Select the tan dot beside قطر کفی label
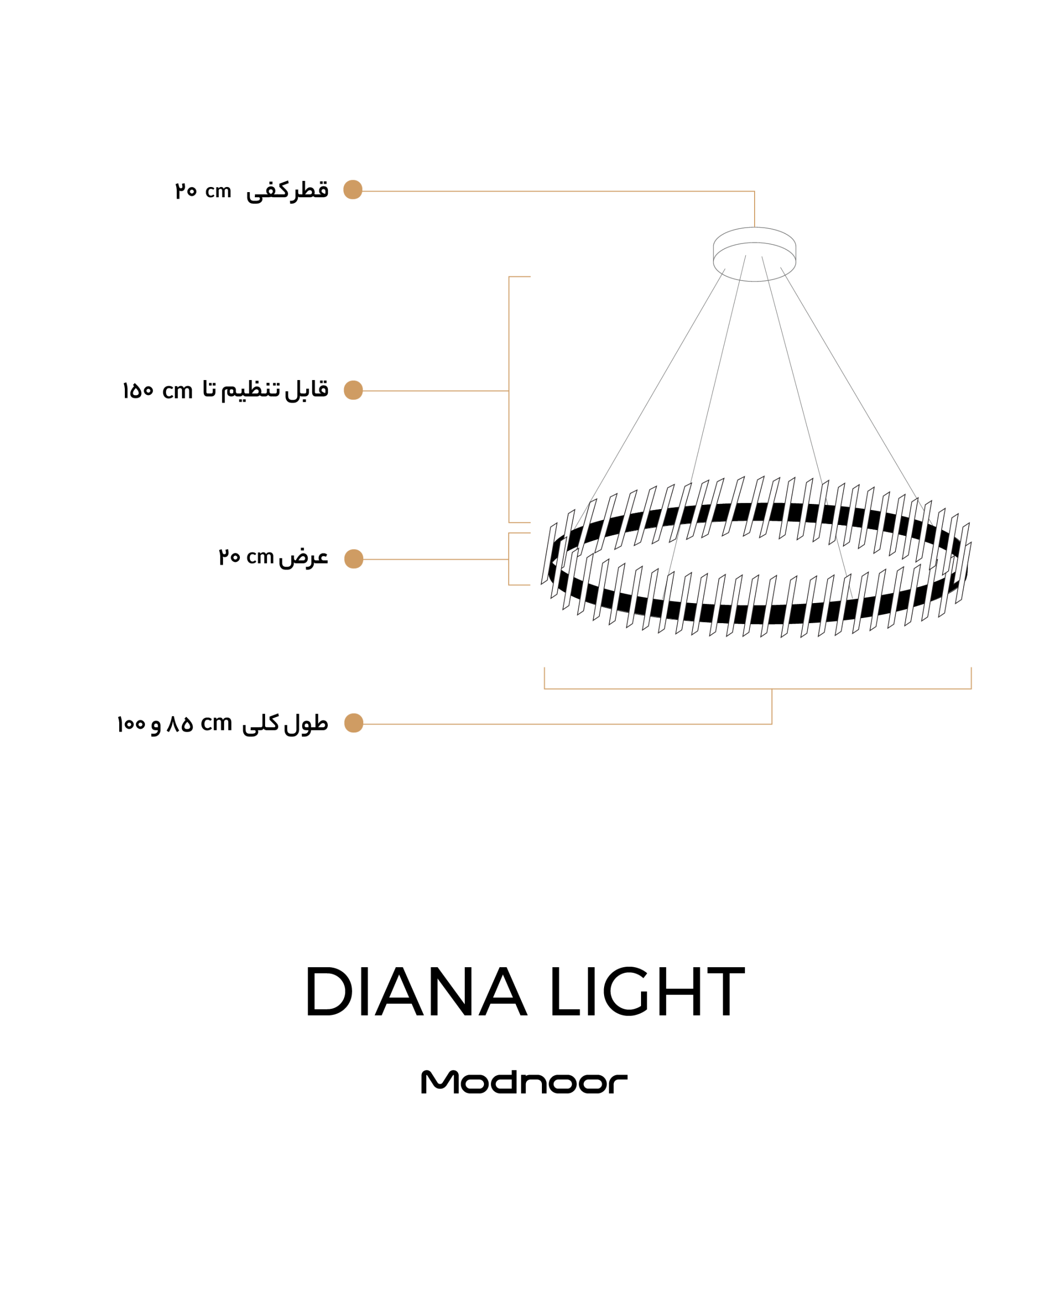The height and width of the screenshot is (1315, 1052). [x=353, y=190]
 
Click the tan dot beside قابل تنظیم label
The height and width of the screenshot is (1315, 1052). [x=354, y=390]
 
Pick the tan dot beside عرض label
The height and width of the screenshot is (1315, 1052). [x=354, y=559]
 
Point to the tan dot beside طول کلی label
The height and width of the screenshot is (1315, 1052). [x=354, y=723]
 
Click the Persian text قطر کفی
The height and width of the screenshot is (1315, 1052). [x=287, y=191]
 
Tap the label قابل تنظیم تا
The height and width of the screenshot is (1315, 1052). [x=266, y=390]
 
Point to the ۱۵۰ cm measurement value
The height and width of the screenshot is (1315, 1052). [x=157, y=391]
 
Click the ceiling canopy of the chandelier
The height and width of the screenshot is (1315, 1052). [x=755, y=254]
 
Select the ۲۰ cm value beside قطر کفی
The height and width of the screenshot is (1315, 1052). [x=203, y=191]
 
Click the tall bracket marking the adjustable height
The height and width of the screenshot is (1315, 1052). [x=509, y=400]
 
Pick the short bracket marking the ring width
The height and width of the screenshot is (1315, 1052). [x=509, y=559]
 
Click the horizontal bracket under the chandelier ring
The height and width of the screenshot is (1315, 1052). [x=758, y=689]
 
